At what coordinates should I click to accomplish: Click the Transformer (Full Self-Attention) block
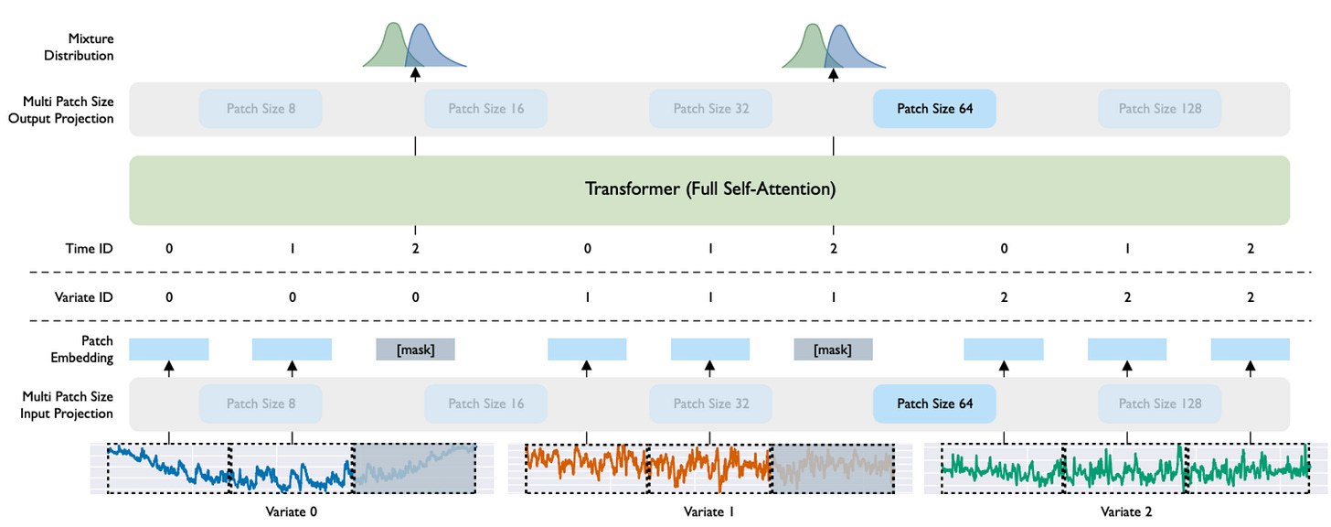pyautogui.click(x=709, y=190)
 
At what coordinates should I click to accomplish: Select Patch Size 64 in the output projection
pyautogui.click(x=933, y=109)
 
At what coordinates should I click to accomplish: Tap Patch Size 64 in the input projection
pyautogui.click(x=933, y=403)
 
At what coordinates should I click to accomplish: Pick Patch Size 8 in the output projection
pyautogui.click(x=261, y=109)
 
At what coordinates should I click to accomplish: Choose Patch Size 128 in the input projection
pyautogui.click(x=1159, y=403)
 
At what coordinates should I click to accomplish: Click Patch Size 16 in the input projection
pyautogui.click(x=485, y=403)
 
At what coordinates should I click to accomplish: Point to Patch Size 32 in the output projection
pyautogui.click(x=710, y=109)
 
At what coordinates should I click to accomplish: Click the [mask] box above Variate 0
pyautogui.click(x=415, y=350)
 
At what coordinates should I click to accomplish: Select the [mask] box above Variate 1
pyautogui.click(x=833, y=350)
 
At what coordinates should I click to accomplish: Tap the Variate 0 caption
pyautogui.click(x=291, y=512)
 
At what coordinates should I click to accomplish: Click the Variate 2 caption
pyautogui.click(x=1126, y=512)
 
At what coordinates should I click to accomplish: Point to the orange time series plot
pyautogui.click(x=649, y=468)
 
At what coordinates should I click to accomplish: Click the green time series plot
pyautogui.click(x=1126, y=468)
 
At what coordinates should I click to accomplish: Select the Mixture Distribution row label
pyautogui.click(x=91, y=47)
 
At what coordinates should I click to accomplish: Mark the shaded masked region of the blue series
pyautogui.click(x=414, y=468)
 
